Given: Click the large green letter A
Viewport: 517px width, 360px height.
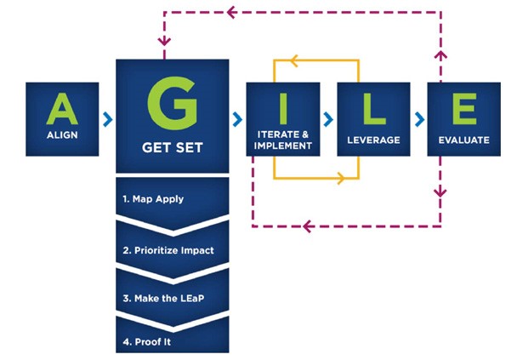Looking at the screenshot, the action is [x=62, y=108].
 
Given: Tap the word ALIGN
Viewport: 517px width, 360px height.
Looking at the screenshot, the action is [x=62, y=135].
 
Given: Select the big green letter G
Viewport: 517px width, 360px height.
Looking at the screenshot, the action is [x=172, y=103].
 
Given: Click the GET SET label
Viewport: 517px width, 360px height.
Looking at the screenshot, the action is [x=172, y=147].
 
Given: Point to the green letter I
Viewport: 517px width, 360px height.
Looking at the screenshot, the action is [x=283, y=109].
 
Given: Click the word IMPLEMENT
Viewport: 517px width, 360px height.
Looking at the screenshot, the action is [x=283, y=146].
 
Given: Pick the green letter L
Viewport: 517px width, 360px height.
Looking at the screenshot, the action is [x=374, y=109].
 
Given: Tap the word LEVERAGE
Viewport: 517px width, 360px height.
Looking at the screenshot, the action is [x=373, y=140].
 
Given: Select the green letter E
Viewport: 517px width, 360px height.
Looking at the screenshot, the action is [x=464, y=109].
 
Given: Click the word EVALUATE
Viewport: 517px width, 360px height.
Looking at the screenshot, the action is [x=464, y=140].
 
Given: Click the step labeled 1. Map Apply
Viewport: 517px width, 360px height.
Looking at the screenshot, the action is [x=153, y=199].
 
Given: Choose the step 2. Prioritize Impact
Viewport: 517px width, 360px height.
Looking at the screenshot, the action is [x=168, y=250].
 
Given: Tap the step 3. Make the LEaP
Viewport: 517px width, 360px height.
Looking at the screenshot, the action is [x=163, y=299].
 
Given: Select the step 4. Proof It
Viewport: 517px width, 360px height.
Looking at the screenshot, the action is [x=147, y=342].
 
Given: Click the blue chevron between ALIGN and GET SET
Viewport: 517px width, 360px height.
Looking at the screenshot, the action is [x=107, y=119].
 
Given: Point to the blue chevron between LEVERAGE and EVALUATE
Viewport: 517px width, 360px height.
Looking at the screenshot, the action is [x=419, y=119].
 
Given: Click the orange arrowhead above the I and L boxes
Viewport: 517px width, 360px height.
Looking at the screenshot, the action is [x=293, y=60].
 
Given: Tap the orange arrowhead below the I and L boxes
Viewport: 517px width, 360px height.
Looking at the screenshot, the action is [x=341, y=179].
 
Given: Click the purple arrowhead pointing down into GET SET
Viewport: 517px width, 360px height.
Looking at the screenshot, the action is [x=164, y=41].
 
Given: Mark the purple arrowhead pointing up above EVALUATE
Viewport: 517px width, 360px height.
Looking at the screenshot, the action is [x=440, y=55].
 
